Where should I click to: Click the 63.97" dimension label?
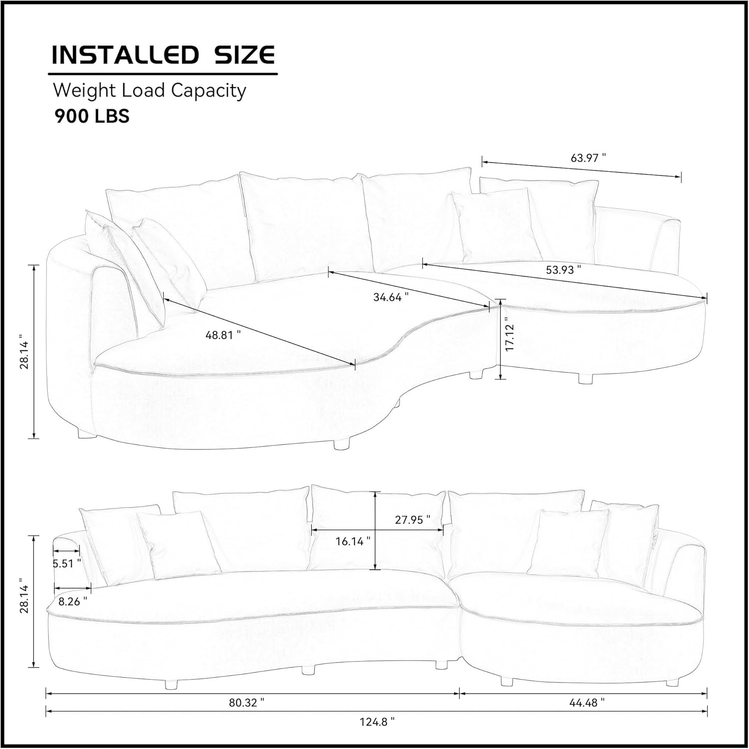pyautogui.click(x=588, y=158)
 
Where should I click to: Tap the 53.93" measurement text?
pyautogui.click(x=563, y=270)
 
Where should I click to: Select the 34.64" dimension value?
pyautogui.click(x=391, y=297)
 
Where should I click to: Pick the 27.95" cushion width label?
pyautogui.click(x=412, y=520)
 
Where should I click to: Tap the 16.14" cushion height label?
pyautogui.click(x=353, y=541)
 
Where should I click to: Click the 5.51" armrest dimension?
pyautogui.click(x=67, y=563)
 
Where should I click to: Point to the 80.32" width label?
pyautogui.click(x=247, y=703)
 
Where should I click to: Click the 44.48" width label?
pyautogui.click(x=587, y=703)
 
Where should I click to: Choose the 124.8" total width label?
pyautogui.click(x=377, y=722)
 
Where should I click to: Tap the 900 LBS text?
pyautogui.click(x=92, y=116)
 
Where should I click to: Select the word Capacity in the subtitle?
pyautogui.click(x=209, y=91)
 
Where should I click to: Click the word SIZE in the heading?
pyautogui.click(x=245, y=55)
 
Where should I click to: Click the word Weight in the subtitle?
pyautogui.click(x=83, y=91)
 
